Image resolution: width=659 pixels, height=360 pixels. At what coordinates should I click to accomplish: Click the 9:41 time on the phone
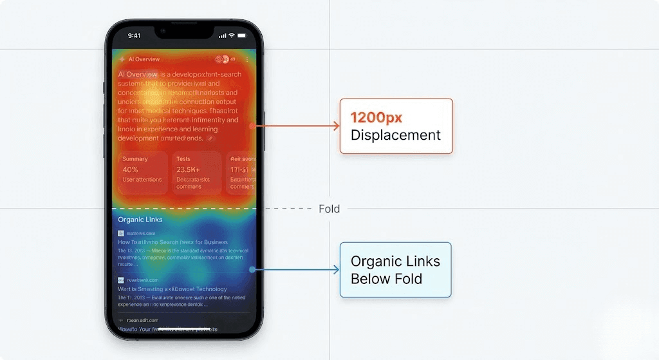coord(134,35)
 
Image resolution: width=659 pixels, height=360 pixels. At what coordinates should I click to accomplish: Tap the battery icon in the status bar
coord(242,35)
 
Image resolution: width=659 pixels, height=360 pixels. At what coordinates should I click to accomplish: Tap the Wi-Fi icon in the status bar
coord(232,35)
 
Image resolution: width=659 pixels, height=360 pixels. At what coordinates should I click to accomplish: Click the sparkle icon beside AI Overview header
coord(122,59)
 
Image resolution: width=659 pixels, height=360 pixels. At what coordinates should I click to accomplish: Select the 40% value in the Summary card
coord(130,169)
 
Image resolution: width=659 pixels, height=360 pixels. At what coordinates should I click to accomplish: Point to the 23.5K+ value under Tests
coord(189,169)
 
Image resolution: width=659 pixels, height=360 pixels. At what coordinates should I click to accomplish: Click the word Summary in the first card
coord(135,158)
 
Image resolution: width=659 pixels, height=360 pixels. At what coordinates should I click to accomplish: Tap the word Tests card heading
coord(183,158)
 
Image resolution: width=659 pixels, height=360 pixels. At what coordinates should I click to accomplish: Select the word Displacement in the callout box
coord(395,135)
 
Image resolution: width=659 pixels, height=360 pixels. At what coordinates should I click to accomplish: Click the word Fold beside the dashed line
coord(329,209)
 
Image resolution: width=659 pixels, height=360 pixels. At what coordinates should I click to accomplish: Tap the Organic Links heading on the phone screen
coord(140,220)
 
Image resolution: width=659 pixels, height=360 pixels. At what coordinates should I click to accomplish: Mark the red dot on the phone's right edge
coord(252,126)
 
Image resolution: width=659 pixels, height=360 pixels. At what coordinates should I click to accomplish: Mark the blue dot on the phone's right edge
coord(252,270)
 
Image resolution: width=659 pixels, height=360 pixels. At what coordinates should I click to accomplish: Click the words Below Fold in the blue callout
coord(386,279)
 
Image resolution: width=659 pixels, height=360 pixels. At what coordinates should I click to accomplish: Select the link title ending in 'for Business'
coord(172,242)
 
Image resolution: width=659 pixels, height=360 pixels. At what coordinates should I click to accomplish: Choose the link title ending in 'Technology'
coord(172,289)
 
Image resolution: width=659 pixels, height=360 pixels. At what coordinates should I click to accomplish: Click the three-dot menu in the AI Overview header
coord(247,59)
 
